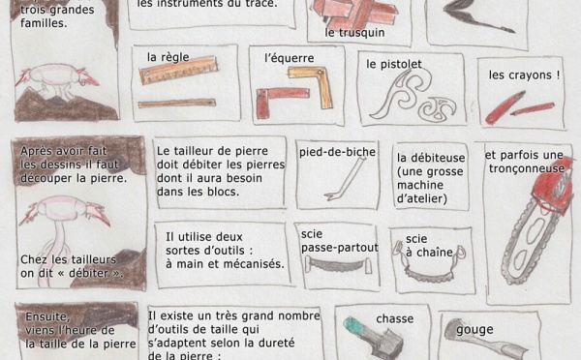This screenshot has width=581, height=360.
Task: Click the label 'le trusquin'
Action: tap(354, 33)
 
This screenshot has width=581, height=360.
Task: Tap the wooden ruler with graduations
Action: tap(178, 70)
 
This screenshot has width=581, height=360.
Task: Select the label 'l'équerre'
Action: tap(289, 58)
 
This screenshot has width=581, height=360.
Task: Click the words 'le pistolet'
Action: tap(394, 65)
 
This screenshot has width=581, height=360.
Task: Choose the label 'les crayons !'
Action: tap(524, 75)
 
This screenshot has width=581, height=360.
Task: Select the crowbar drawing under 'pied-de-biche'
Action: tap(345, 178)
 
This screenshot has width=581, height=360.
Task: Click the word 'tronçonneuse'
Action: tap(527, 169)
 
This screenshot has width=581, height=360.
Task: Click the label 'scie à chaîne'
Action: tap(429, 246)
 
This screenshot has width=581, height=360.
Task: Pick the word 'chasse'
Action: tap(395, 319)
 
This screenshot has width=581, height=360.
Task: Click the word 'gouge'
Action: tap(474, 330)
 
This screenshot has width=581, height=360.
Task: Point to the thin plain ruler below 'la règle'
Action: tap(177, 104)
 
